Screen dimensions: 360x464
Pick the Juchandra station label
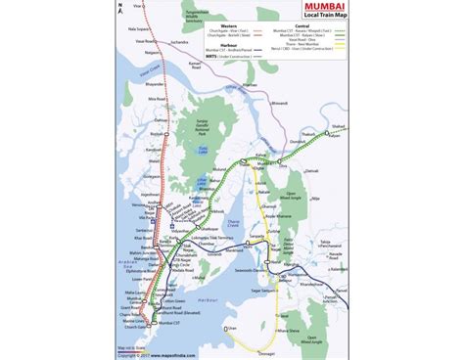183,71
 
